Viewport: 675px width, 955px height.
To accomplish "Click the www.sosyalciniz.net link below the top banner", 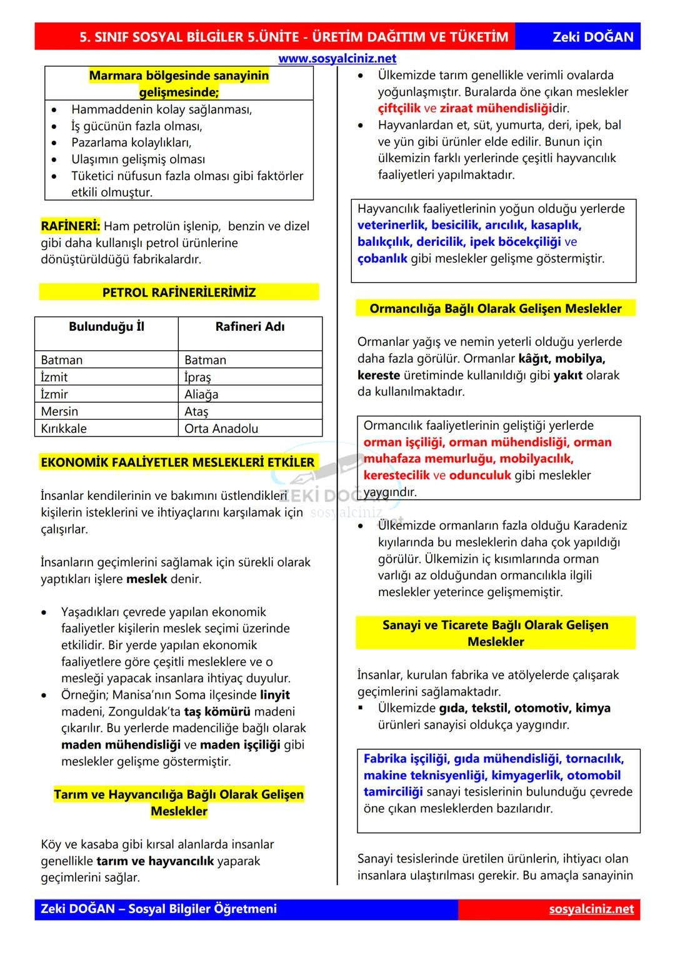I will (x=337, y=58).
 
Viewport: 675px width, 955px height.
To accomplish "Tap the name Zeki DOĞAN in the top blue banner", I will (x=592, y=37).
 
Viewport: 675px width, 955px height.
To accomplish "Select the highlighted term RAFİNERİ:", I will (x=70, y=226).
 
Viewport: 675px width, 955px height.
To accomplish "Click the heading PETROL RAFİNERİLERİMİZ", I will (x=179, y=292).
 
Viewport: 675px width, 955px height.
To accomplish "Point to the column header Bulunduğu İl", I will (x=106, y=326).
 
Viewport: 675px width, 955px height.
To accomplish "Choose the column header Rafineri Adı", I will (x=249, y=326).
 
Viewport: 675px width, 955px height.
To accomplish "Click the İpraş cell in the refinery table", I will (x=197, y=377).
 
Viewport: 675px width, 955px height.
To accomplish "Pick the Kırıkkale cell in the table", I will (x=64, y=428).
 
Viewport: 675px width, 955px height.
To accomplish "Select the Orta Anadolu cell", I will (x=221, y=428).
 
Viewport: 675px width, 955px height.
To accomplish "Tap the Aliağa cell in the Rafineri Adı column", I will (x=201, y=394).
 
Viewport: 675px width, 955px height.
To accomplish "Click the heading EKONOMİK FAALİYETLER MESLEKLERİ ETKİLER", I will (x=177, y=462).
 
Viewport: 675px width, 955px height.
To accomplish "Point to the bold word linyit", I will (x=274, y=695).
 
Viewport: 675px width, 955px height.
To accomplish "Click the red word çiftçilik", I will (x=399, y=108).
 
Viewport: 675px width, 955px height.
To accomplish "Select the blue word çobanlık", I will (x=382, y=258).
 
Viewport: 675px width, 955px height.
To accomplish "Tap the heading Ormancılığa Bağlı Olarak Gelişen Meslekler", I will (x=495, y=308).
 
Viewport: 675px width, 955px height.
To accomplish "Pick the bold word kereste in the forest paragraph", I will (x=378, y=375).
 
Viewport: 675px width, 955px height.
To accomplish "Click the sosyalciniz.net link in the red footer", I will (x=591, y=909).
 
